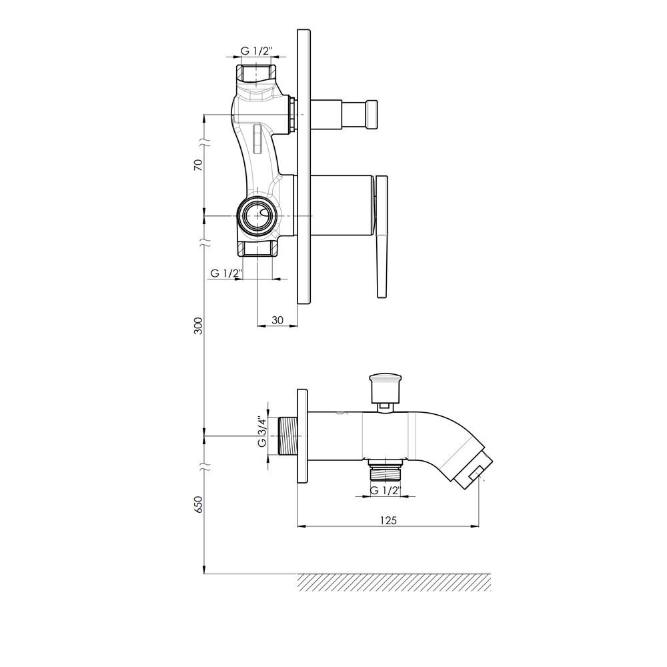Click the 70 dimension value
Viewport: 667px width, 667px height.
[x=198, y=165]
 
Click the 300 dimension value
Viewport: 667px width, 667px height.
[x=198, y=326]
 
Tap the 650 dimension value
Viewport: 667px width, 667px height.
[x=198, y=504]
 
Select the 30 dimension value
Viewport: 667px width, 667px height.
[x=277, y=320]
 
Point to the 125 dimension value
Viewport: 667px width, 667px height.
[x=388, y=520]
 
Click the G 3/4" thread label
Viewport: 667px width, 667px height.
[x=262, y=433]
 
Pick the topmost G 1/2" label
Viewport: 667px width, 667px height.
[x=256, y=51]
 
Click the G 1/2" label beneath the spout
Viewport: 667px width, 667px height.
[x=386, y=490]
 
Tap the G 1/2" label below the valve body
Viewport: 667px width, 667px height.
[x=226, y=273]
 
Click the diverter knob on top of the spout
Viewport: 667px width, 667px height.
[x=386, y=388]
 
